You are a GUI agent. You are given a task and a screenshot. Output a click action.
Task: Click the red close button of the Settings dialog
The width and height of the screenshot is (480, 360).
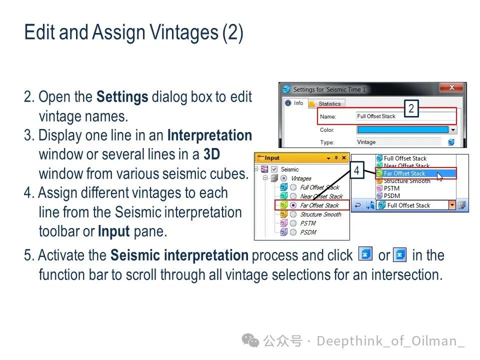click(451, 87)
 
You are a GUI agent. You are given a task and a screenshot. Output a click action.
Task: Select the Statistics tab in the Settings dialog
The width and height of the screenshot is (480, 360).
click(326, 104)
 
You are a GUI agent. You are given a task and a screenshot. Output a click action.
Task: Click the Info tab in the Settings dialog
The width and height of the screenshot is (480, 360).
click(294, 103)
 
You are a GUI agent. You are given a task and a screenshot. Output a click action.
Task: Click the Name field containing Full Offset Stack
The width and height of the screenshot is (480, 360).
click(405, 116)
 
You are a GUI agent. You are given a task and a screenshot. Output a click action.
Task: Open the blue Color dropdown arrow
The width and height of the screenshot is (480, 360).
click(453, 130)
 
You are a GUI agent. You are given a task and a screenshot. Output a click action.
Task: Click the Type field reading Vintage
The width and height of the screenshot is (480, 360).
click(398, 142)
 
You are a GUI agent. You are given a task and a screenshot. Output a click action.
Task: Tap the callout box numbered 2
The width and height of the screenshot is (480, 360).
click(411, 108)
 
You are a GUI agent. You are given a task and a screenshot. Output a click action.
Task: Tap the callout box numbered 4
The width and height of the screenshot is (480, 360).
click(356, 170)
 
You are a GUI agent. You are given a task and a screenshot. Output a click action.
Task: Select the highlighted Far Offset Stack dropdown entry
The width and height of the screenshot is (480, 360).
click(415, 173)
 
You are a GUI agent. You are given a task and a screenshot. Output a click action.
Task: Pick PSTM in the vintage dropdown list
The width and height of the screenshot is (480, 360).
click(391, 188)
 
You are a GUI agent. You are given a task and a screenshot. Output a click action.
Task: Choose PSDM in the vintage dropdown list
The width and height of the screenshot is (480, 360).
click(392, 196)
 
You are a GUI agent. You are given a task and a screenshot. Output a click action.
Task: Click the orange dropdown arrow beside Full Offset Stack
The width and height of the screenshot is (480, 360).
click(452, 205)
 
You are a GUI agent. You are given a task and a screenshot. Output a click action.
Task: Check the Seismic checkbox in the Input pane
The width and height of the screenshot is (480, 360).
click(274, 169)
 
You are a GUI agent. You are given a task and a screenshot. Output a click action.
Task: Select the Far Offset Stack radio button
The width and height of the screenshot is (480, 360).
click(293, 205)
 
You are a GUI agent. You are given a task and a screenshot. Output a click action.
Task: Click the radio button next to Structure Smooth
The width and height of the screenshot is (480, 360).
click(293, 214)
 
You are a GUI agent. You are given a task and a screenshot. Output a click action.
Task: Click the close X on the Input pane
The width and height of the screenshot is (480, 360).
click(344, 157)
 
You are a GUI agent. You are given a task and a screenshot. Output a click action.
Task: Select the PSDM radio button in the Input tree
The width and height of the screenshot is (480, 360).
click(293, 232)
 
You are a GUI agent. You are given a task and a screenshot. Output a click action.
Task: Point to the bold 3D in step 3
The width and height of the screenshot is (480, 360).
click(212, 154)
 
